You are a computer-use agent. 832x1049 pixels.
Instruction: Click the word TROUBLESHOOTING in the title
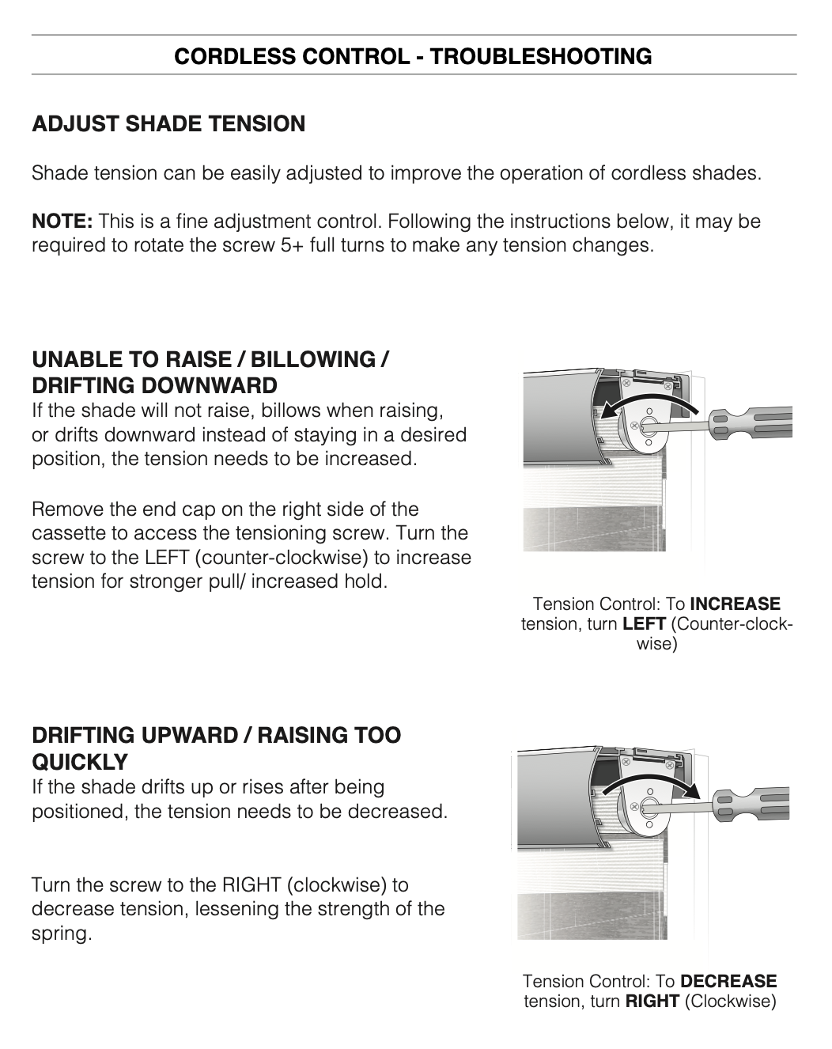540,56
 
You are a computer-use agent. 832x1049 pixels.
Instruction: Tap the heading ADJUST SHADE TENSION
168,124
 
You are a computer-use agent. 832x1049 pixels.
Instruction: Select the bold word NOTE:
62,222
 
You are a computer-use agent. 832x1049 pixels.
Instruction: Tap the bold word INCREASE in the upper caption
735,604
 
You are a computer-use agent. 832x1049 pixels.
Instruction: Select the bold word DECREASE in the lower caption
728,981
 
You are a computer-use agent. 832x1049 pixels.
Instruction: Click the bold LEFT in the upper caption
644,624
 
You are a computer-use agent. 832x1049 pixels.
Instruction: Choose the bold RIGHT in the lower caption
652,1002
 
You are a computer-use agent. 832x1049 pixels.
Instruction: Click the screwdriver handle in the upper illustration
751,423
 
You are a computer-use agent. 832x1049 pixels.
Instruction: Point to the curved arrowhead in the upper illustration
608,410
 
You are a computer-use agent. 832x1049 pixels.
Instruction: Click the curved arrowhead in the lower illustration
690,790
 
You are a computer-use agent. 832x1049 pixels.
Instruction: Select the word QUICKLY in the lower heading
80,762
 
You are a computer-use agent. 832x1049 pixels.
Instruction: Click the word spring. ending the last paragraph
62,934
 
